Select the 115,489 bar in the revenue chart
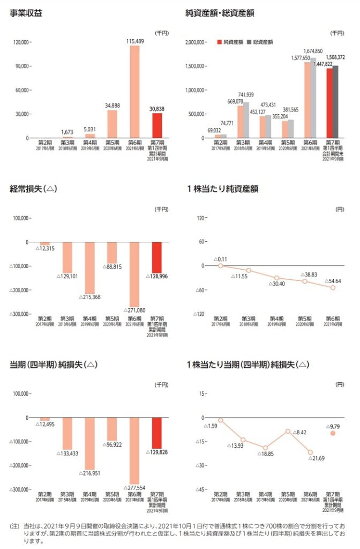pos(134,91)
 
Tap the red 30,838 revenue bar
pos(156,125)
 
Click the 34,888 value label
pos(111,105)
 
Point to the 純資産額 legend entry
pos(230,41)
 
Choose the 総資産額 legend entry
pos(260,41)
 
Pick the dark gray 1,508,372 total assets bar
pos(335,102)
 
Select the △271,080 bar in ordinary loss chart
pos(134,274)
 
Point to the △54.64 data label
pos(334,281)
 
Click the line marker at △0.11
pos(220,266)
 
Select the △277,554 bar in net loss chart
pos(134,450)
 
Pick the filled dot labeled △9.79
pos(333,433)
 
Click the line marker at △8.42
pos(288,431)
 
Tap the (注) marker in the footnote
pos(14,526)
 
